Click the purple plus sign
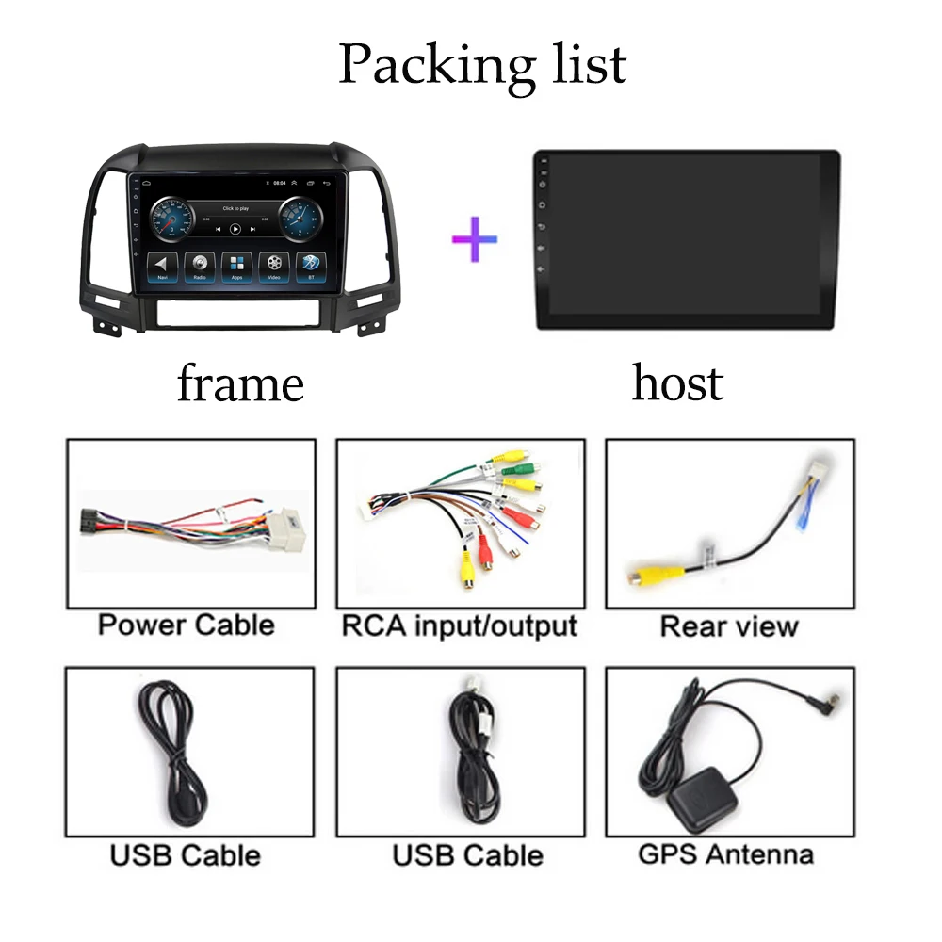[475, 238]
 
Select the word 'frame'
[240, 383]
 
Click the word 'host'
[677, 383]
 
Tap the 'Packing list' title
[482, 63]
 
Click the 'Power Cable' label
[186, 625]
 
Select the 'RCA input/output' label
[459, 625]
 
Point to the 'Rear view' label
[729, 626]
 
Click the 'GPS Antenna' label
[725, 854]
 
